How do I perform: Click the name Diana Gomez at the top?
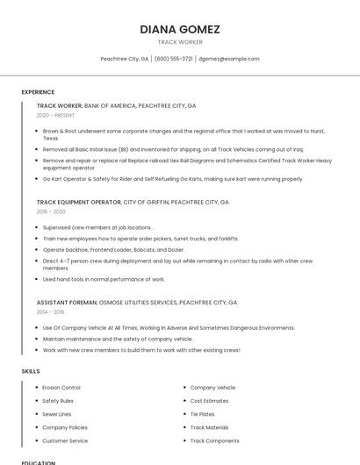pyautogui.click(x=180, y=29)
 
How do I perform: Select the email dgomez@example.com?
pyautogui.click(x=228, y=59)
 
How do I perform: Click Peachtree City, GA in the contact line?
pyautogui.click(x=125, y=59)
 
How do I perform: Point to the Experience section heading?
pyautogui.click(x=38, y=92)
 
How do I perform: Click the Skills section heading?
pyautogui.click(x=31, y=371)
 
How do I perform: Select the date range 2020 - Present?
pyautogui.click(x=55, y=115)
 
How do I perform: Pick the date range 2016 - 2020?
pyautogui.click(x=51, y=211)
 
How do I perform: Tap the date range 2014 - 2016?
pyautogui.click(x=50, y=311)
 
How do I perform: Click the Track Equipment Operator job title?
pyautogui.click(x=79, y=202)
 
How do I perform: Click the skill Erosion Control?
pyautogui.click(x=61, y=387)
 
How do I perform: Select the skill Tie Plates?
pyautogui.click(x=202, y=414)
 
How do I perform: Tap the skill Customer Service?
pyautogui.click(x=65, y=440)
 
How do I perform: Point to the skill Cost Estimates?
pyautogui.click(x=209, y=401)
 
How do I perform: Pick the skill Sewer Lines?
pyautogui.click(x=57, y=414)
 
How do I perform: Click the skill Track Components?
pyautogui.click(x=214, y=440)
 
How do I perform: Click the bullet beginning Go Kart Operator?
pyautogui.click(x=172, y=179)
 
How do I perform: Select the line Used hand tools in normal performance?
pyautogui.click(x=104, y=279)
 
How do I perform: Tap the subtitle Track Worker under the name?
pyautogui.click(x=180, y=42)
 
